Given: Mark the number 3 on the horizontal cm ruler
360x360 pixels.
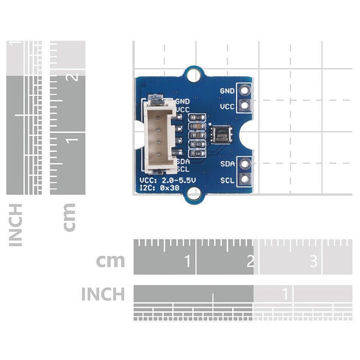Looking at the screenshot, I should coord(313,262).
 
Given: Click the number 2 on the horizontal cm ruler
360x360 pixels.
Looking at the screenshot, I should coord(250,262).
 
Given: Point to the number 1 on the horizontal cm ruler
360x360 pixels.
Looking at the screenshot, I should coord(188,262).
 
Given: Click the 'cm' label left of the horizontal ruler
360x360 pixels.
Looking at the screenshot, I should coord(111,260).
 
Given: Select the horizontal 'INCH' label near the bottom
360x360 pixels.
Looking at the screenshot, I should coord(103,294).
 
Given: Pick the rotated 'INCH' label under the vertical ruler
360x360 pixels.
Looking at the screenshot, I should coord(16,224).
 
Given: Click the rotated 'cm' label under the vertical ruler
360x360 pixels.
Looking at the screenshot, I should coord(68,217).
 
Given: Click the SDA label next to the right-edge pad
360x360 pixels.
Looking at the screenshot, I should coord(228,165).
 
